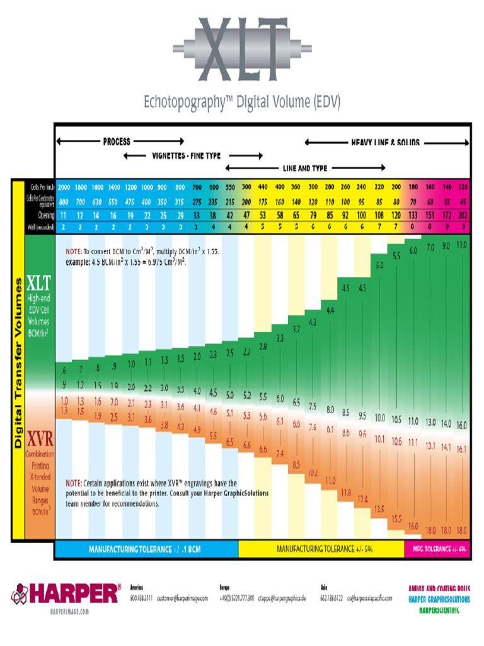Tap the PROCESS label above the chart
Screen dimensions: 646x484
click(x=117, y=141)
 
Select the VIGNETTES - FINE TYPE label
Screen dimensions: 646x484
click(x=186, y=155)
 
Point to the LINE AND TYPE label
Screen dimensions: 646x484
click(x=305, y=168)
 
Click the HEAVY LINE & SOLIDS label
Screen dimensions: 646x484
click(x=385, y=143)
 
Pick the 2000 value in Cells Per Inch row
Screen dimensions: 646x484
click(x=64, y=187)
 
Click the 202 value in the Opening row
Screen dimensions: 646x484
click(x=462, y=215)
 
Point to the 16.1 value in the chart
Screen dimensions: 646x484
click(x=462, y=449)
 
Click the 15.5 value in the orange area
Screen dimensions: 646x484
click(x=396, y=519)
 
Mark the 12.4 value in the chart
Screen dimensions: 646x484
click(x=362, y=499)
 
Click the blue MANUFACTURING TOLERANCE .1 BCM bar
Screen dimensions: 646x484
click(x=146, y=549)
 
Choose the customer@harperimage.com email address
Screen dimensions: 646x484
click(x=182, y=597)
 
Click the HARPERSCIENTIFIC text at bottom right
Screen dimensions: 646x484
click(x=439, y=609)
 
